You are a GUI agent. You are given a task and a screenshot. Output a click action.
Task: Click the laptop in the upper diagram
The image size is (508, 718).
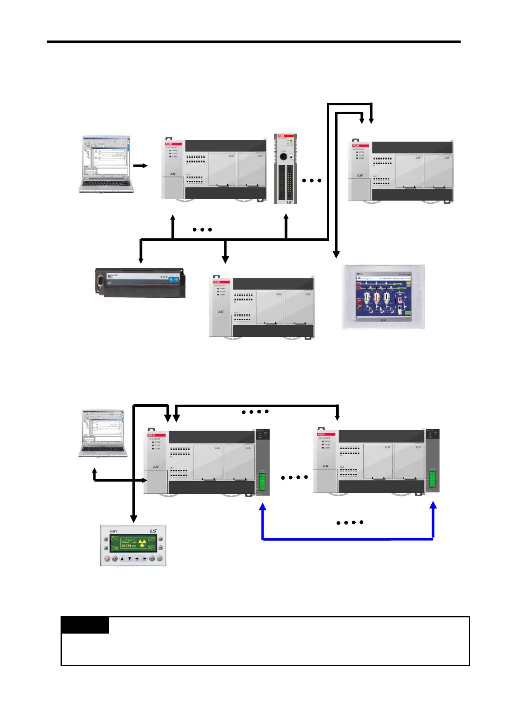(x=106, y=164)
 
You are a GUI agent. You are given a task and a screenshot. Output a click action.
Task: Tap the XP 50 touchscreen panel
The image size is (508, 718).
(x=383, y=297)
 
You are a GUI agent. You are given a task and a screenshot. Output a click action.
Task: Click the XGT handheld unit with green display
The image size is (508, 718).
(x=133, y=546)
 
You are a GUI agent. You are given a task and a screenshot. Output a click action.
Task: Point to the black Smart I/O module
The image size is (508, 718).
(x=140, y=282)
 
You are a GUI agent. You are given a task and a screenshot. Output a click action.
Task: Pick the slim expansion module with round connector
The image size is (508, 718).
(x=285, y=169)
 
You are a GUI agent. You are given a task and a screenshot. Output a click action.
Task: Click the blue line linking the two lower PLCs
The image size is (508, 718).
(x=348, y=539)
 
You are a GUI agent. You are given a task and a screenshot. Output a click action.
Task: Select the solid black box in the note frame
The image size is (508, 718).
(x=85, y=625)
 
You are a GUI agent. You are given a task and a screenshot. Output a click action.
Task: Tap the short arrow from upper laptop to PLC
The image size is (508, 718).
(x=140, y=165)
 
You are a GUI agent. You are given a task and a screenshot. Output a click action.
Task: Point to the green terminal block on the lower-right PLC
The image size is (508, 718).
(x=433, y=481)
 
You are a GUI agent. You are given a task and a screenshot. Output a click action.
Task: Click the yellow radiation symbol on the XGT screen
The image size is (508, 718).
(x=142, y=543)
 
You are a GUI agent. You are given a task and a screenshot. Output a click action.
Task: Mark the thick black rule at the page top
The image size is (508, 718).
(x=254, y=42)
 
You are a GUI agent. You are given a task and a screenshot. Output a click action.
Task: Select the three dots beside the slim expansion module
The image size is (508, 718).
(x=311, y=180)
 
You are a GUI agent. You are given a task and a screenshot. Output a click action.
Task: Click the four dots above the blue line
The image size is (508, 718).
(x=350, y=522)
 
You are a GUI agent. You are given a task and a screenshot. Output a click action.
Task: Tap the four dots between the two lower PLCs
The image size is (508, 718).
(x=294, y=478)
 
